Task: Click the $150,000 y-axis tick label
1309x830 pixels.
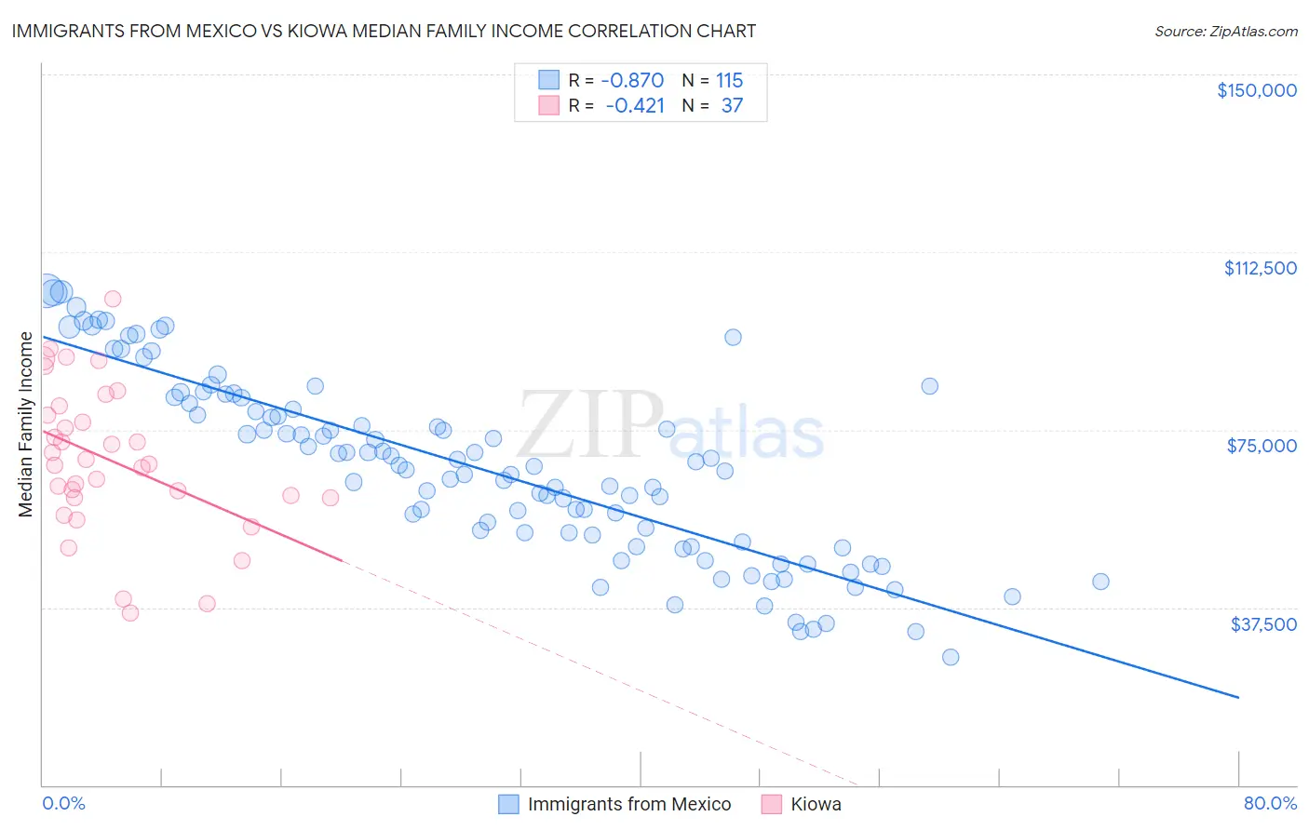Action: point(1256,90)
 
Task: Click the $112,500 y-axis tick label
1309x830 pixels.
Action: point(1260,268)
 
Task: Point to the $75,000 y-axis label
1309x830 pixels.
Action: point(1262,446)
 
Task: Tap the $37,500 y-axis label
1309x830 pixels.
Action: point(1263,624)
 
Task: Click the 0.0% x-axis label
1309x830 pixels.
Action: point(63,803)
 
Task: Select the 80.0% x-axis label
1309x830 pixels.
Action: point(1270,803)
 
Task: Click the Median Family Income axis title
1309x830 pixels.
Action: point(26,424)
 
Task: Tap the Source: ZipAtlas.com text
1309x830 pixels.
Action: point(1225,31)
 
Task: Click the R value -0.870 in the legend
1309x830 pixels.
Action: point(632,80)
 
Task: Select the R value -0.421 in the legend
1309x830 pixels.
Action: point(634,106)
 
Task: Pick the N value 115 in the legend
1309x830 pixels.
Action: point(729,80)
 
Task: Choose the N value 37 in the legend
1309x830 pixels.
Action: point(732,106)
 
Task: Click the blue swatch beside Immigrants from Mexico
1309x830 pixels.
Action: point(508,804)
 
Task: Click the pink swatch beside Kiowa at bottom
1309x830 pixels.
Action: point(771,804)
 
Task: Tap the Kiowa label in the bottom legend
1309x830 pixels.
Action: point(816,804)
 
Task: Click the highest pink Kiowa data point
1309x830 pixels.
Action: point(113,299)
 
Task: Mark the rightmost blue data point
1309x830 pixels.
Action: point(1100,582)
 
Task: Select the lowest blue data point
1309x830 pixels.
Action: point(951,657)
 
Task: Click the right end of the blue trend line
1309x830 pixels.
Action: point(1238,697)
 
